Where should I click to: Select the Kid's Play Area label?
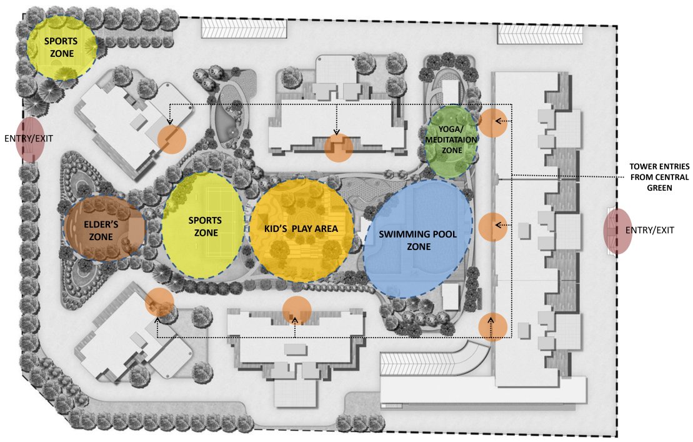click(300, 229)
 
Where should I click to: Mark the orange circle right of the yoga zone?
click(492, 123)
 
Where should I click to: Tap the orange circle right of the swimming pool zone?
click(492, 226)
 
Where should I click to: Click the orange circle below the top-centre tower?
click(339, 148)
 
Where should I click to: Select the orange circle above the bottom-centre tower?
click(297, 311)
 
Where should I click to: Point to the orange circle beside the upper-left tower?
click(172, 139)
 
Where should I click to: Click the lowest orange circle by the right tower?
click(492, 326)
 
